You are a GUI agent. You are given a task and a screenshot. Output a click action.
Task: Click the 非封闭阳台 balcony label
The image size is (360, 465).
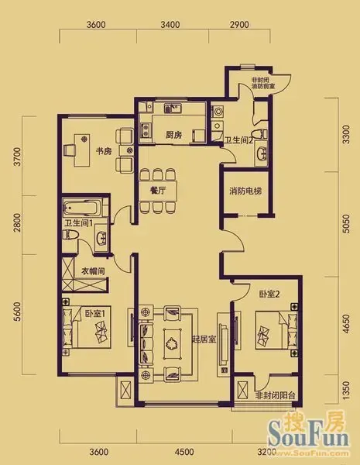click(279, 396)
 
